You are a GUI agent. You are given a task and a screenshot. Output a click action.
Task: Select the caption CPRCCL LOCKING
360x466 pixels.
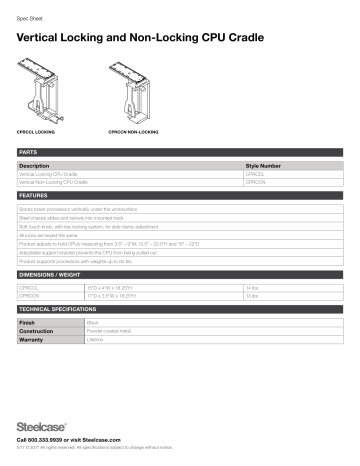pyautogui.click(x=39, y=131)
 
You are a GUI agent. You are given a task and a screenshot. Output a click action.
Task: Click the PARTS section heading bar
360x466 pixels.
pyautogui.click(x=180, y=152)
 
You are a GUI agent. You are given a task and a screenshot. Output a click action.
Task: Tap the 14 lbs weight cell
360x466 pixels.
pyautogui.click(x=251, y=288)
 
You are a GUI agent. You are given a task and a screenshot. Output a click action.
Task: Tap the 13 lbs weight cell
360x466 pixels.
pyautogui.click(x=251, y=296)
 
